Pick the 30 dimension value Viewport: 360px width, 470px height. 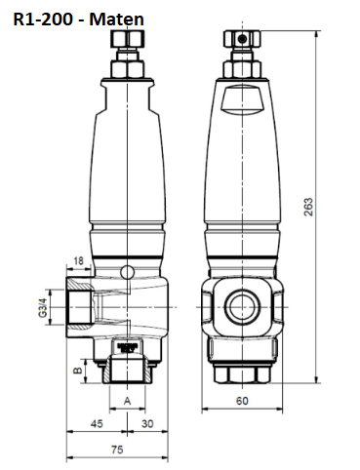click(145, 425)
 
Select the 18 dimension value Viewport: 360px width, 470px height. click(77, 262)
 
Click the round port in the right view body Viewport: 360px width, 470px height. click(242, 305)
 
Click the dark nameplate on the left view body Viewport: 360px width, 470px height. click(127, 345)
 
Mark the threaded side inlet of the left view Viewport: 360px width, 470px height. click(83, 305)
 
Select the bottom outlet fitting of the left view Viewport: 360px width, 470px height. click(127, 371)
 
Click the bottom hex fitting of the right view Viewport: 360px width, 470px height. click(242, 372)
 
